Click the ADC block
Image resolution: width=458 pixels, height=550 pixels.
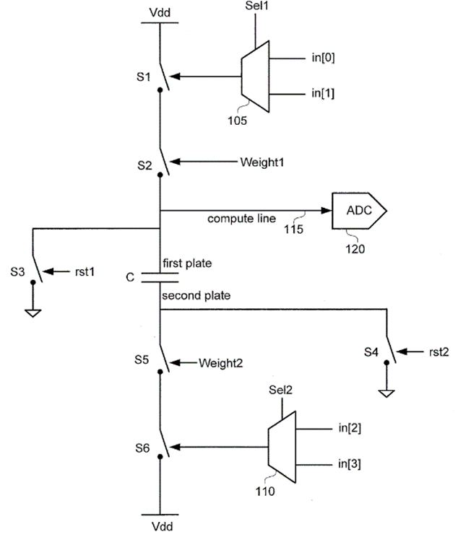coord(358,211)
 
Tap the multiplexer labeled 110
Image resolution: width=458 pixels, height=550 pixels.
coord(282,447)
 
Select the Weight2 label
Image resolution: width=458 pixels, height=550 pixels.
coord(221,363)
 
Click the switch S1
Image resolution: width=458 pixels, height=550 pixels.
coord(164,77)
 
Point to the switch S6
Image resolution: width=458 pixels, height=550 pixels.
coord(164,448)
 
